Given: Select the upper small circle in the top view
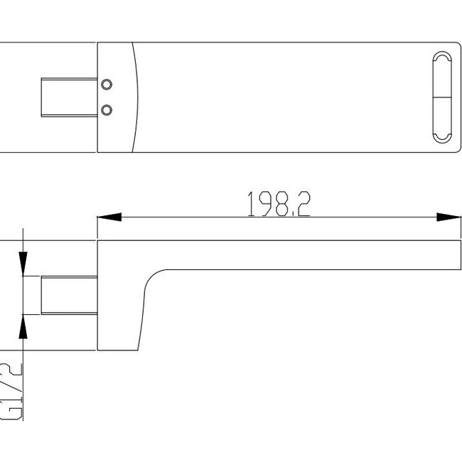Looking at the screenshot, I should point(107,85).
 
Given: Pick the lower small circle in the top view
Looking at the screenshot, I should point(107,109).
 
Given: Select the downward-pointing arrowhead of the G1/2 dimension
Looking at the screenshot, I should point(23,260).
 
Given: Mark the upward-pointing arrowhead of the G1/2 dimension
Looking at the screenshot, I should point(23,327).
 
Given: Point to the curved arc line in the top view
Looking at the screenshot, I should point(136,97).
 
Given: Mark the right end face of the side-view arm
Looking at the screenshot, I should point(461,255).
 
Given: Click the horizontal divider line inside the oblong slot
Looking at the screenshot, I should point(441,97).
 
